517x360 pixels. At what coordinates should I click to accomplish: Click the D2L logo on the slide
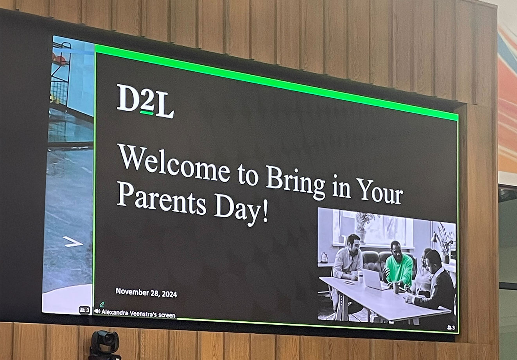[145, 101]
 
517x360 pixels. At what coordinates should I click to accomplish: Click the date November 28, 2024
[146, 292]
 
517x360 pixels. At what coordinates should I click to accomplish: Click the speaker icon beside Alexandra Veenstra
[97, 311]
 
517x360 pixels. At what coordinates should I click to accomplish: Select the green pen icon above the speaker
[102, 304]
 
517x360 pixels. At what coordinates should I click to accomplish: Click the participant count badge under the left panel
[85, 310]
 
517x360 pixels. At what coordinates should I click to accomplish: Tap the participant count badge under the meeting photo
[451, 328]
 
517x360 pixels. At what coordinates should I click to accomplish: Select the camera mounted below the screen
[104, 344]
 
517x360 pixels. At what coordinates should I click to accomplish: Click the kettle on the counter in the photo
[324, 257]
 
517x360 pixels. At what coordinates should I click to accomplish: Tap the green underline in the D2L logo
[147, 113]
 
